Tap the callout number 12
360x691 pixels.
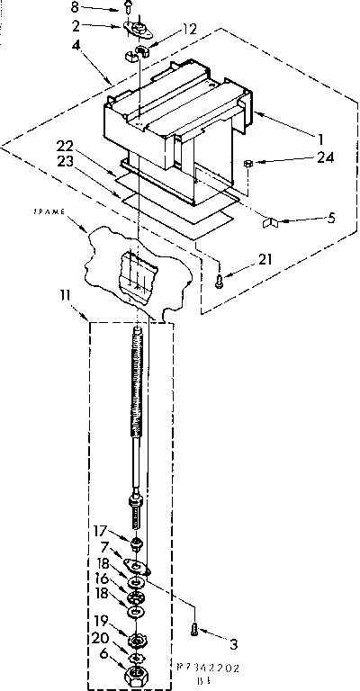pyautogui.click(x=188, y=29)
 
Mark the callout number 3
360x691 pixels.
pyautogui.click(x=235, y=643)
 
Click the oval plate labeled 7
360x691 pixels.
pyautogui.click(x=137, y=565)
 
